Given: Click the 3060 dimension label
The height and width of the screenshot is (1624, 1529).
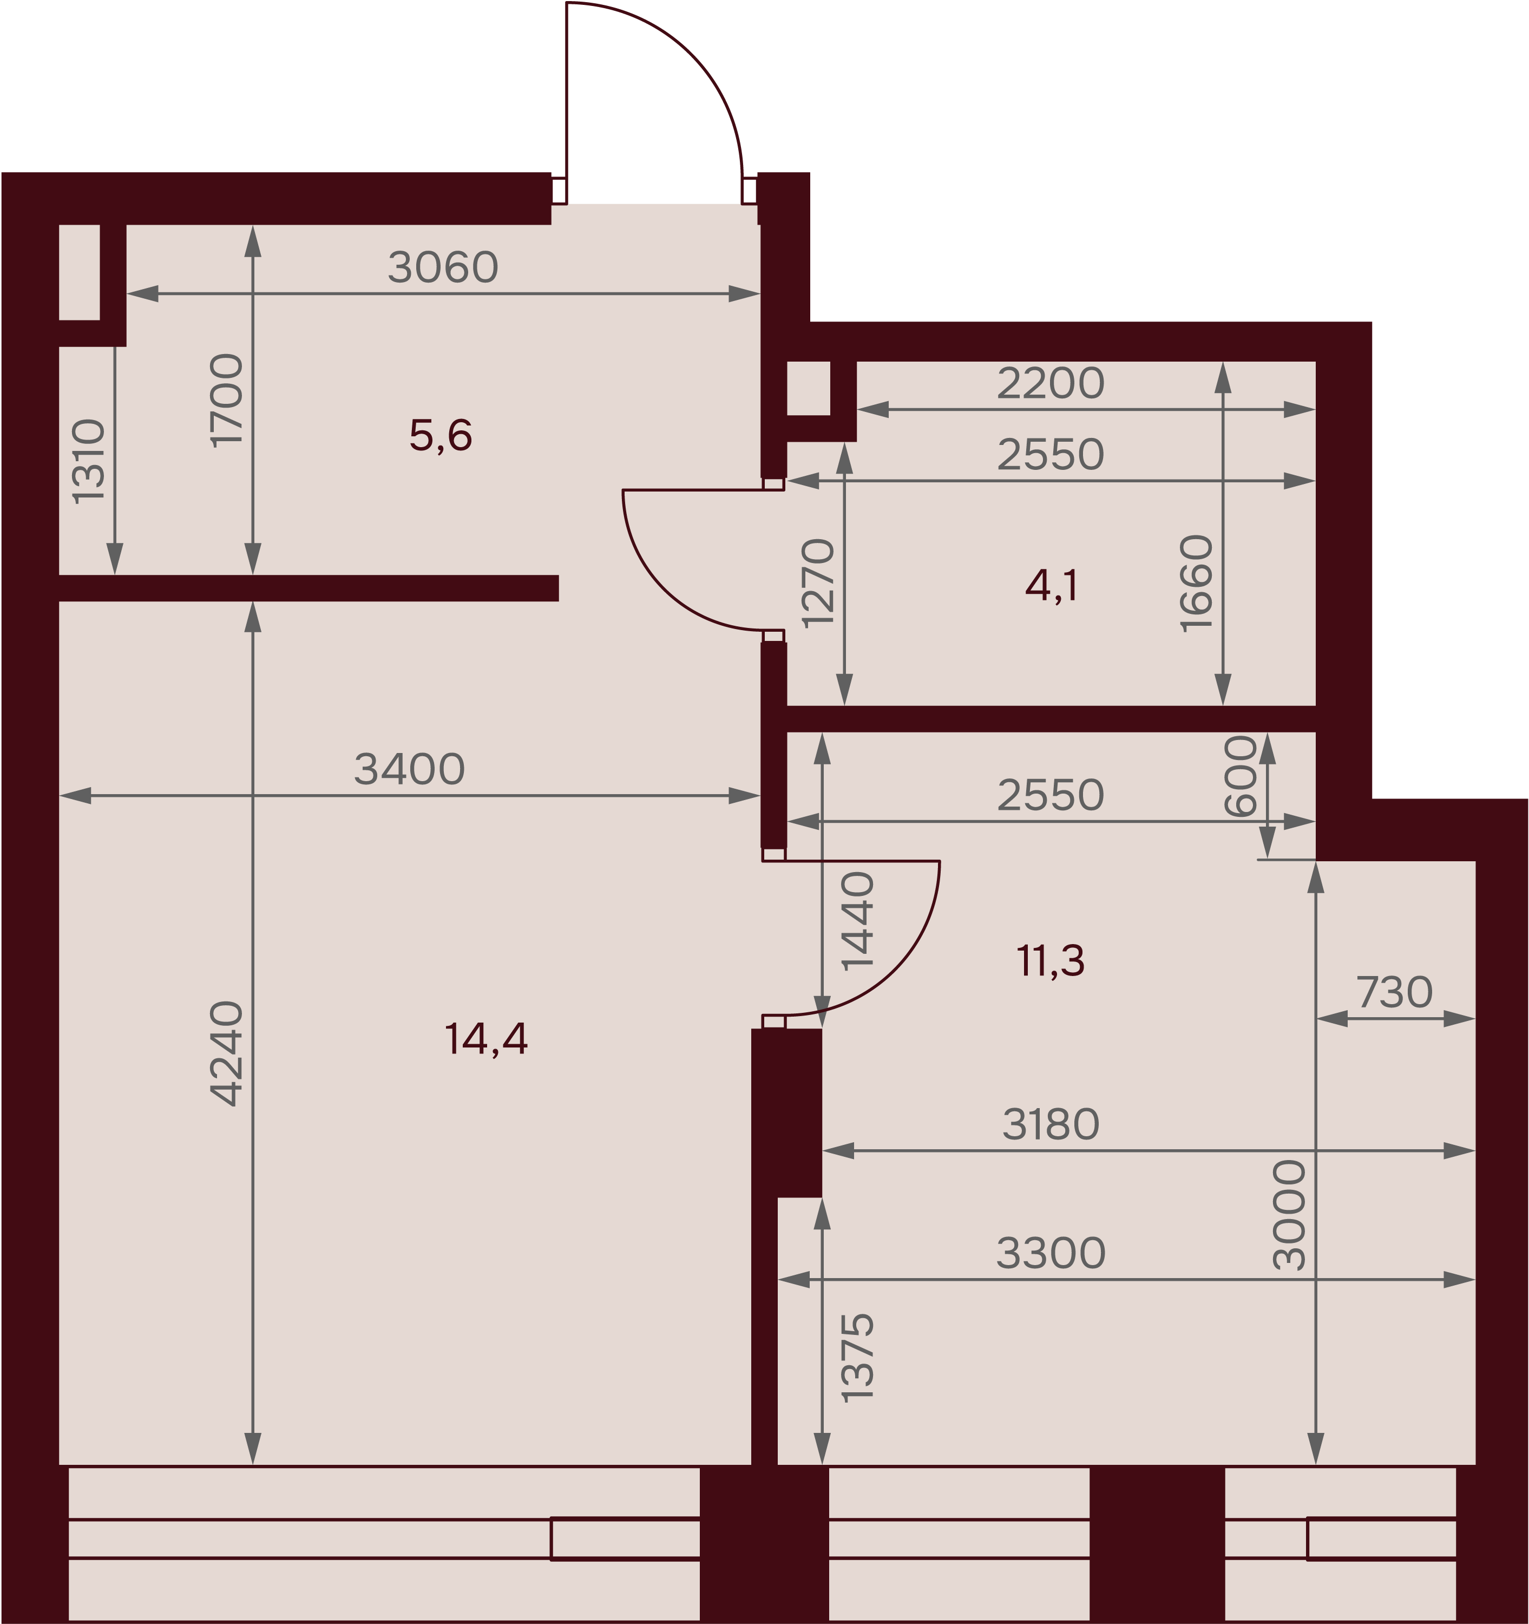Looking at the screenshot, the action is click(x=443, y=267).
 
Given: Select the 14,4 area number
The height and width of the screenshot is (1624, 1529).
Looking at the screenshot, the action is click(x=486, y=1039).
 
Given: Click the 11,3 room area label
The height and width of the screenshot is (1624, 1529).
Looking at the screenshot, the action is click(x=1051, y=961).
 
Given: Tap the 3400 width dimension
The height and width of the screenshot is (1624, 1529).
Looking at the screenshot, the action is click(x=409, y=770).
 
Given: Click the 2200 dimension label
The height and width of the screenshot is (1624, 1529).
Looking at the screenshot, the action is click(x=1051, y=383).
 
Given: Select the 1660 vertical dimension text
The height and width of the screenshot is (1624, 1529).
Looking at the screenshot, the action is click(x=1197, y=583).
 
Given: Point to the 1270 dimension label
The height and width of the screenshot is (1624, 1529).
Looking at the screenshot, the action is click(x=818, y=583).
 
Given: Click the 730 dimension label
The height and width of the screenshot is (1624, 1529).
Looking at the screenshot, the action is click(x=1394, y=993).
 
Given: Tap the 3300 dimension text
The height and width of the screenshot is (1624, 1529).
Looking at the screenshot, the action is click(x=1051, y=1253).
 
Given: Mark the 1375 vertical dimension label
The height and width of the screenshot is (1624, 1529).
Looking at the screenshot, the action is click(x=858, y=1358).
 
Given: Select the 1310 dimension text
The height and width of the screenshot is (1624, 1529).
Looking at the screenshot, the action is click(x=89, y=462).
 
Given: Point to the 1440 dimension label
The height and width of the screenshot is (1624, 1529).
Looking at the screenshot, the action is click(x=858, y=921).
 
